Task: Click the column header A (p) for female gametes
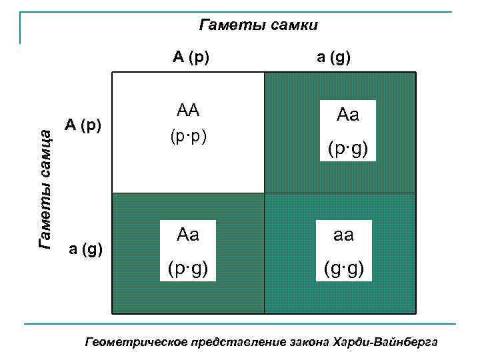[x=191, y=57]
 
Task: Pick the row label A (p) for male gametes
[x=83, y=125]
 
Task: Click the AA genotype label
[x=188, y=111]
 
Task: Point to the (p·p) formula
[x=188, y=137]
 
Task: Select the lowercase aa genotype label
[x=347, y=235]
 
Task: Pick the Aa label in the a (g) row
[x=188, y=235]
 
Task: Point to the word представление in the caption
[x=237, y=343]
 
